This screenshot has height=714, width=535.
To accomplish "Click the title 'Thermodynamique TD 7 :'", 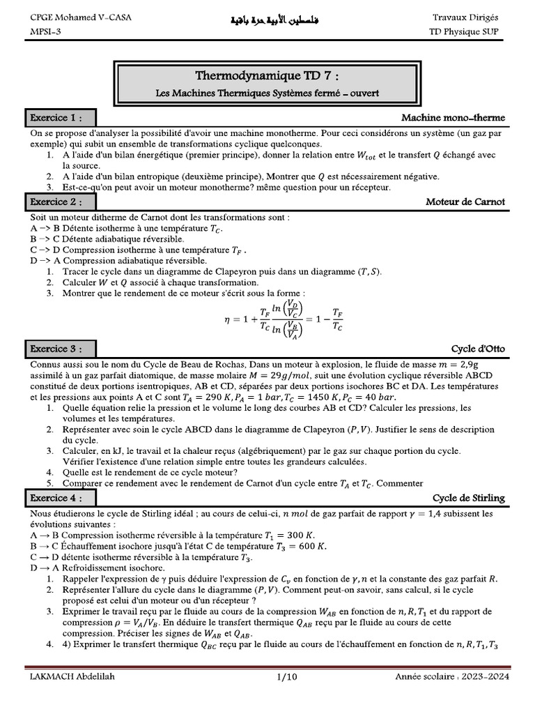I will coord(268,76).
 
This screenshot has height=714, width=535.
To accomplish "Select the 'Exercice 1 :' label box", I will coord(60,117).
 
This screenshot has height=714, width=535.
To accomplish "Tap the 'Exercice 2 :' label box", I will coord(60,202).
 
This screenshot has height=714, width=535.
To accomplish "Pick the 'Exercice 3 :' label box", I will coord(60,349).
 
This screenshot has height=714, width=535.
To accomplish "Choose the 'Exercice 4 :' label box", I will coord(60,498).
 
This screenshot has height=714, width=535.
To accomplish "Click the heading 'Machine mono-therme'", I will coord(453,117).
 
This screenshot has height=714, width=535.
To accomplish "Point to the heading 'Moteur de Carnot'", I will coord(465,202).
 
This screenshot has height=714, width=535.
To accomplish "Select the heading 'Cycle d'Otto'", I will coord(478,349).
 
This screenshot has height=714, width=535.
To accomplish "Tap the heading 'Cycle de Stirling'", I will coord(469,498).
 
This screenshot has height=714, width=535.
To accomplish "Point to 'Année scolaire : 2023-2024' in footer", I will coord(451,676).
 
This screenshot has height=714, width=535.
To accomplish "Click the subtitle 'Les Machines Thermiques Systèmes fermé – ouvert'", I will coord(268,92).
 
